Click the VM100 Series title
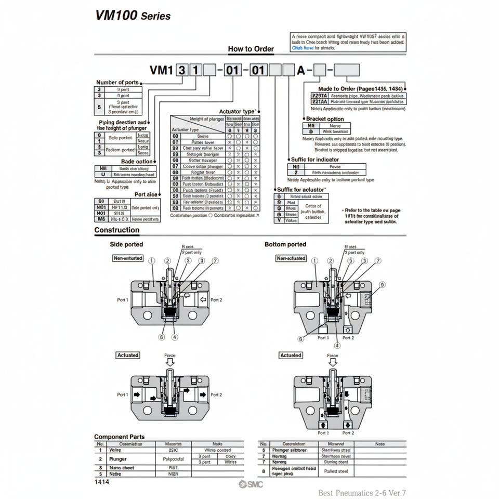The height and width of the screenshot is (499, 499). (x=133, y=15)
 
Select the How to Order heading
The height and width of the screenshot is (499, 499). (x=251, y=49)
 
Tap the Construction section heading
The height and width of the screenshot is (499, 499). (x=116, y=230)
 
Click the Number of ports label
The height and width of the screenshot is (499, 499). (x=117, y=82)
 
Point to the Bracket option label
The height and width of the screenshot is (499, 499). (x=325, y=119)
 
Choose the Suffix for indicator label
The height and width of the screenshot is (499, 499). (x=315, y=160)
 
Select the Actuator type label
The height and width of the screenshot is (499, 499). (x=237, y=111)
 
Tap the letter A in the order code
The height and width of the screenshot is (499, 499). (x=300, y=70)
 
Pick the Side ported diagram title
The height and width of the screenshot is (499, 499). (x=126, y=244)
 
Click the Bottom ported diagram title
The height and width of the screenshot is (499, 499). (x=285, y=244)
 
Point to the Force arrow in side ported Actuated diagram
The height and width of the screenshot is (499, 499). (x=170, y=362)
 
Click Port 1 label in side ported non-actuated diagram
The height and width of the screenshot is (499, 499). (x=123, y=300)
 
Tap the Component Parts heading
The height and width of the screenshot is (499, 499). (x=119, y=437)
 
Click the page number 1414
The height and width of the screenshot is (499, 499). (x=102, y=482)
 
